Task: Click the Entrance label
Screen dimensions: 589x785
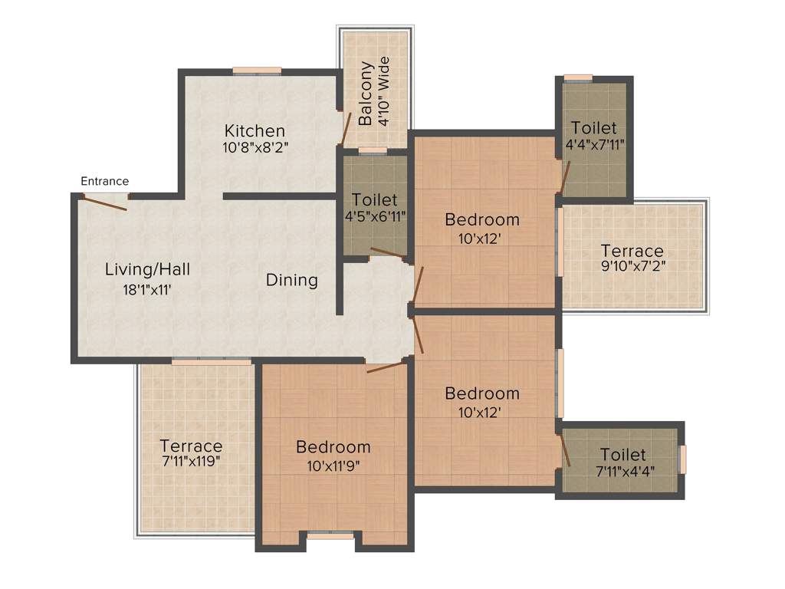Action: click(105, 182)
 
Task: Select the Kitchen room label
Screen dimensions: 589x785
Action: click(255, 131)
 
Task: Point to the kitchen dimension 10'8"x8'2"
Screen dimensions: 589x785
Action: click(255, 147)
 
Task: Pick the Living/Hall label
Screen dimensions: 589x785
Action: click(147, 270)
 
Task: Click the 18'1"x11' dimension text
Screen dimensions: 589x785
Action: click(147, 289)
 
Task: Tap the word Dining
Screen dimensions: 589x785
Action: click(291, 280)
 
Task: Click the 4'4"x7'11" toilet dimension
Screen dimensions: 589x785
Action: click(593, 143)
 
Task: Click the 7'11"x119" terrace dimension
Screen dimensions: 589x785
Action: click(191, 461)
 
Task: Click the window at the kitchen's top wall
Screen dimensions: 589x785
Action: click(257, 71)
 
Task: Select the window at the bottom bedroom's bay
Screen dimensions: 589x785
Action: click(330, 537)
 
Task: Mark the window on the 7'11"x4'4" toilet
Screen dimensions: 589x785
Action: click(683, 459)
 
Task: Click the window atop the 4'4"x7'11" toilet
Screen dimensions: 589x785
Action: click(578, 77)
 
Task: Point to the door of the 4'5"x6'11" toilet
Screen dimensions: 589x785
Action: click(389, 253)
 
